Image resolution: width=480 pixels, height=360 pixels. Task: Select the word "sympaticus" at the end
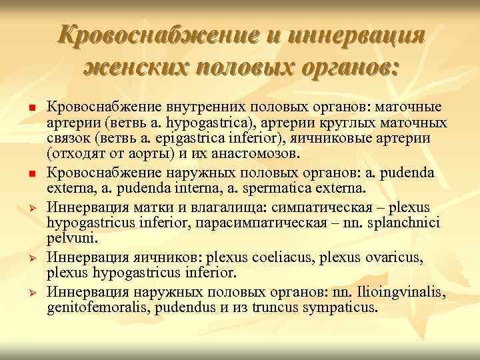[339, 308]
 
